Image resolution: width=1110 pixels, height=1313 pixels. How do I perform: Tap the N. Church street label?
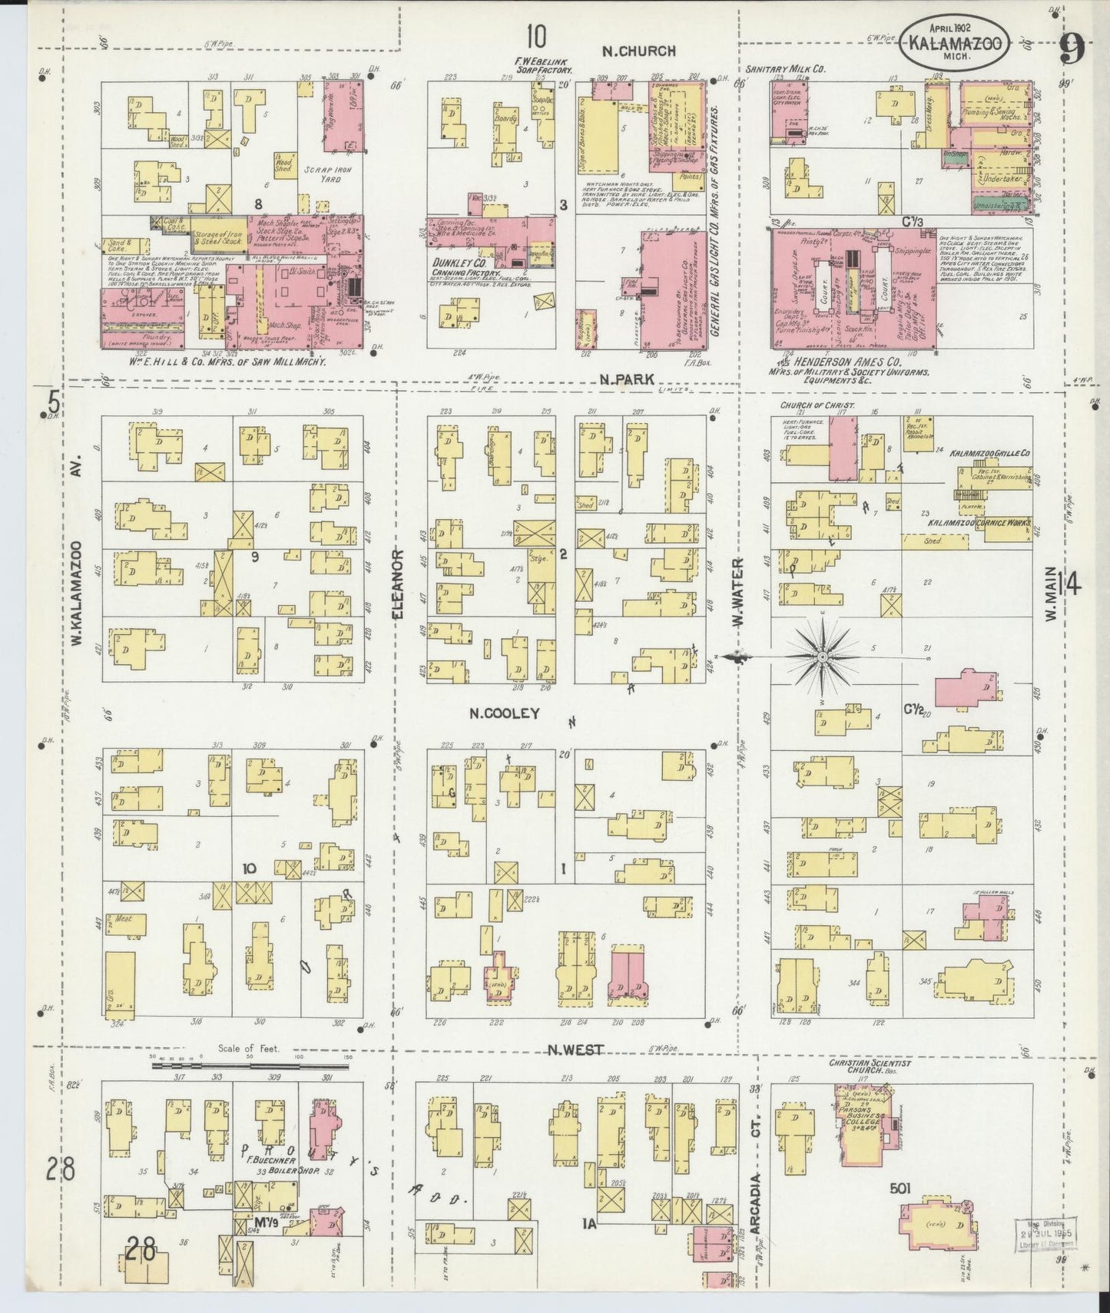638,51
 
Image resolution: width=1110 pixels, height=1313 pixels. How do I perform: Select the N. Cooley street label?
505,713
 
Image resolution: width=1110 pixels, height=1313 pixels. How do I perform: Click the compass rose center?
823,656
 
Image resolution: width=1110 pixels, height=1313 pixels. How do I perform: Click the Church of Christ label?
811,405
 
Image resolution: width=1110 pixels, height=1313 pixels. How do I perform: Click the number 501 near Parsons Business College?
900,1189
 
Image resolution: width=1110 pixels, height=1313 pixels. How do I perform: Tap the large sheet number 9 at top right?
1071,51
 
